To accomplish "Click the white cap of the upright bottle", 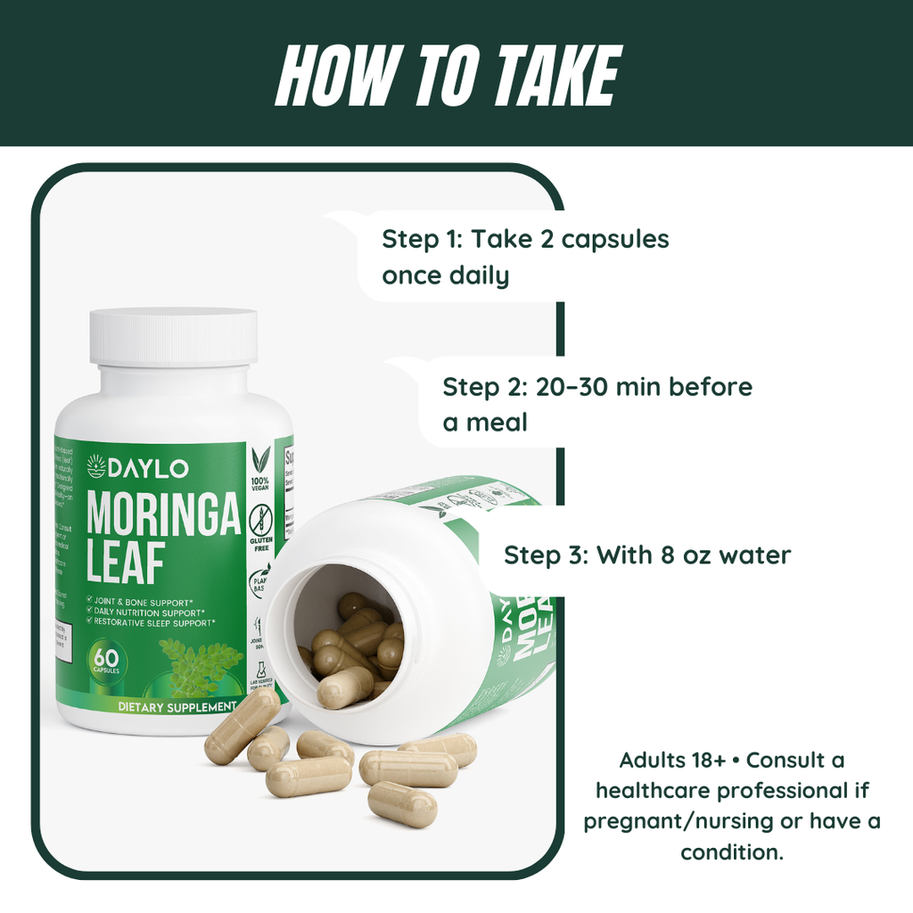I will coord(173,336).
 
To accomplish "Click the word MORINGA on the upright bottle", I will coord(164,514).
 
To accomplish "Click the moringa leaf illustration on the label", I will coord(200,665).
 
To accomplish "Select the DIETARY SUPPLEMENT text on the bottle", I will coord(177,707).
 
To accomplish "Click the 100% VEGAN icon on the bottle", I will coord(261,467).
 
